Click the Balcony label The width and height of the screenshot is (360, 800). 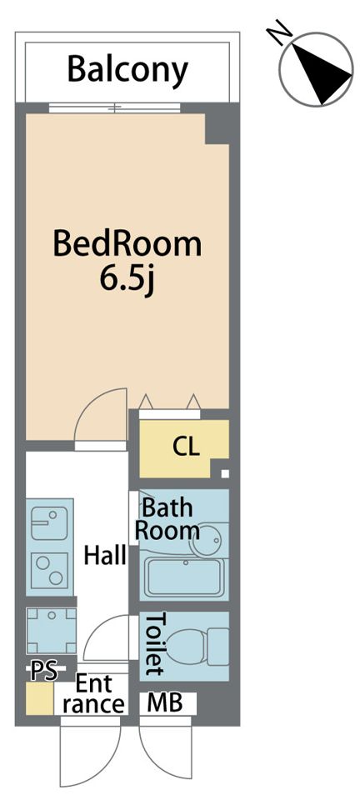coord(127,70)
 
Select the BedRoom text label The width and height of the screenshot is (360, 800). coord(127,244)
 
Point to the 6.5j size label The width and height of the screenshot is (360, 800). coord(127,279)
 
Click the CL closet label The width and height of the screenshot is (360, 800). coord(186,447)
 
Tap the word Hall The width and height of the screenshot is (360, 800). coord(105,555)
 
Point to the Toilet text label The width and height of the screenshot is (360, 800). coord(155,644)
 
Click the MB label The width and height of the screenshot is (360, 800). coord(165,704)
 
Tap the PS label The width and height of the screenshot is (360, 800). coord(42,672)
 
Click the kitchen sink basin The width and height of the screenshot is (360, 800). coord(49,523)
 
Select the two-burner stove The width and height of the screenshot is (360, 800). coord(49,569)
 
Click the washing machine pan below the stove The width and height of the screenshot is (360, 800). coord(51,631)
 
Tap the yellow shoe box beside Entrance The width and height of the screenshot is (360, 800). coord(40,698)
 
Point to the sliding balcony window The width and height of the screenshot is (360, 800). coord(115,108)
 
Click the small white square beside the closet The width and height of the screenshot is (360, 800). coord(225,474)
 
